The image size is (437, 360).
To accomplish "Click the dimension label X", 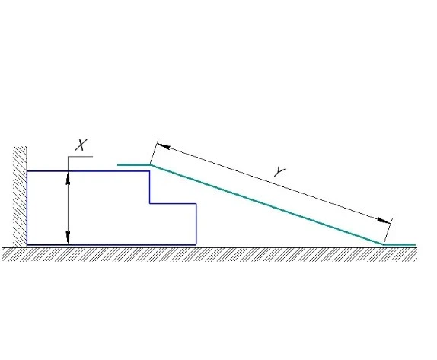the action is [x=81, y=145].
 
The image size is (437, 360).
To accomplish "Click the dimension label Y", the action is [x=279, y=172].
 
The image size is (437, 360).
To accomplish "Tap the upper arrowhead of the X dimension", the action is [x=68, y=178].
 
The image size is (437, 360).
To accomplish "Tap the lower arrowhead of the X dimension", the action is [x=68, y=237].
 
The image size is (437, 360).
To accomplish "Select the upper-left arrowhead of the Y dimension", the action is [x=164, y=146].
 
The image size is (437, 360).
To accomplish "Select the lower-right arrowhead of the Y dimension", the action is [x=384, y=221].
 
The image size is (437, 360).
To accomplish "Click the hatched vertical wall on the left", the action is [x=20, y=196].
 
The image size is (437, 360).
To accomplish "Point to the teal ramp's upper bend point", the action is [x=151, y=165].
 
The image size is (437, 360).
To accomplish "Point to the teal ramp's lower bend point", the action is [x=383, y=244].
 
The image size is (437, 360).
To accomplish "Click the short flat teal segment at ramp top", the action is [x=134, y=165].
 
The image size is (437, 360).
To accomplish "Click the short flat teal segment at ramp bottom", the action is [x=400, y=244].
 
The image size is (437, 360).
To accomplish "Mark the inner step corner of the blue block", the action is [x=150, y=203].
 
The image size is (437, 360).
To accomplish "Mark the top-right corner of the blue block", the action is [x=150, y=171].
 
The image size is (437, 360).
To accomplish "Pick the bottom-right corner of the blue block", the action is [x=196, y=244].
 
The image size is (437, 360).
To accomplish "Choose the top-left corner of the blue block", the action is [x=27, y=171].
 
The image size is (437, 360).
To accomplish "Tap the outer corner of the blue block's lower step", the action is [x=196, y=204].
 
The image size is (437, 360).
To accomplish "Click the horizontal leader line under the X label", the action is [x=80, y=157].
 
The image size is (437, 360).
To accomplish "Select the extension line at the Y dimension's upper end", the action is [x=154, y=152].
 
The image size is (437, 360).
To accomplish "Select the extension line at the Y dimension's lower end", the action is [x=388, y=231].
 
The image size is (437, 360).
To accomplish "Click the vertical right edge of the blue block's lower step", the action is [x=196, y=225].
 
